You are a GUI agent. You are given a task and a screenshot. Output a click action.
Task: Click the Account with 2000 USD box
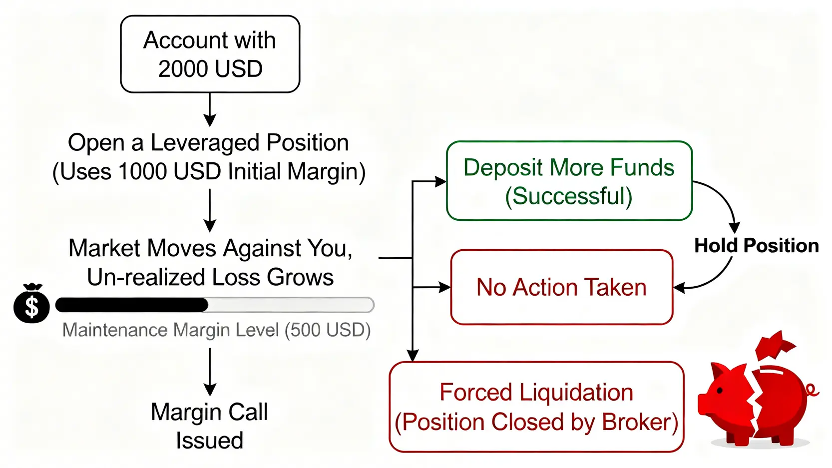pyautogui.click(x=210, y=54)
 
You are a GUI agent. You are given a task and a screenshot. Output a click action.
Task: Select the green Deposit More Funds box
pyautogui.click(x=569, y=181)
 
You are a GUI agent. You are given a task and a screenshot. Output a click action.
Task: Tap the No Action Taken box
pyautogui.click(x=561, y=287)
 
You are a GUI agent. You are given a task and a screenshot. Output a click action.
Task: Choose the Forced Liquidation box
pyautogui.click(x=536, y=407)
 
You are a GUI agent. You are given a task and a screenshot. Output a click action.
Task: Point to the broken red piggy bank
pyautogui.click(x=754, y=400)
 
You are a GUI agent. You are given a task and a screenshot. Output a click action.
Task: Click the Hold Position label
pyautogui.click(x=756, y=246)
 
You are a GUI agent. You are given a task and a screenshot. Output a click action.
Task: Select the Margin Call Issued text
pyautogui.click(x=210, y=426)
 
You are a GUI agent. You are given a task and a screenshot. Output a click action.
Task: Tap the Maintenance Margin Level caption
pyautogui.click(x=216, y=330)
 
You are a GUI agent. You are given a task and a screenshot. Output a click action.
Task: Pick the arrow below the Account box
pyautogui.click(x=210, y=110)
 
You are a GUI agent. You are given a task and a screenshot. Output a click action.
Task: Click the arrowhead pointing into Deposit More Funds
pyautogui.click(x=440, y=182)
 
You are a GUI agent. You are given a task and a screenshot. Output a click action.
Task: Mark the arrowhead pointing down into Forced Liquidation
pyautogui.click(x=413, y=355)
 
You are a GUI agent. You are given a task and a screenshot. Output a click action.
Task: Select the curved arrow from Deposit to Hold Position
pyautogui.click(x=722, y=200)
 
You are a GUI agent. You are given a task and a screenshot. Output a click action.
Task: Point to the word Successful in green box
pyautogui.click(x=569, y=196)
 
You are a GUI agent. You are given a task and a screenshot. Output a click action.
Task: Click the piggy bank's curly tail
pyautogui.click(x=812, y=390)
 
